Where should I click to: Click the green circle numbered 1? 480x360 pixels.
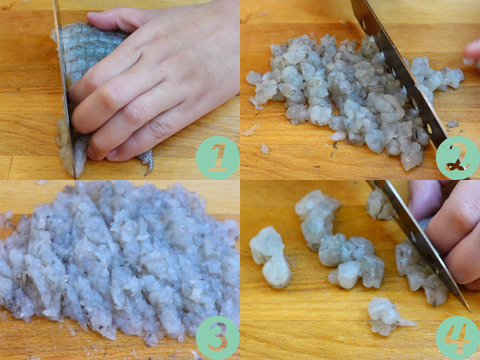(x=218, y=158)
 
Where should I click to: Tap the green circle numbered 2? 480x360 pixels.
(x=458, y=158)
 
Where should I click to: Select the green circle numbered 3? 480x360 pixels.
(x=218, y=338)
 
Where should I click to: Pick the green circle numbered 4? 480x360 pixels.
(x=458, y=338)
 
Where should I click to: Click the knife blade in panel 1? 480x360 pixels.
(x=65, y=89)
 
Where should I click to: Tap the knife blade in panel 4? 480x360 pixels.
(x=419, y=242)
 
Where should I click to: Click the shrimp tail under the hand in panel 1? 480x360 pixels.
(x=146, y=161)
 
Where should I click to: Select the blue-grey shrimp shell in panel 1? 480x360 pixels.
(x=89, y=49)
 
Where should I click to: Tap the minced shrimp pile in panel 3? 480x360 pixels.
(x=119, y=260)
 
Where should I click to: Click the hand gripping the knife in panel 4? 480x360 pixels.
(x=450, y=233)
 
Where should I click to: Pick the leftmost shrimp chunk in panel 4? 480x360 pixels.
(x=270, y=257)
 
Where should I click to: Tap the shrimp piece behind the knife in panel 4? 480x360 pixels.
(x=379, y=204)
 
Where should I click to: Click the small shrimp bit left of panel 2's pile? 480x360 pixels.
(x=265, y=149)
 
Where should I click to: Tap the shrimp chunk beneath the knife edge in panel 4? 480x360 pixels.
(x=420, y=273)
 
